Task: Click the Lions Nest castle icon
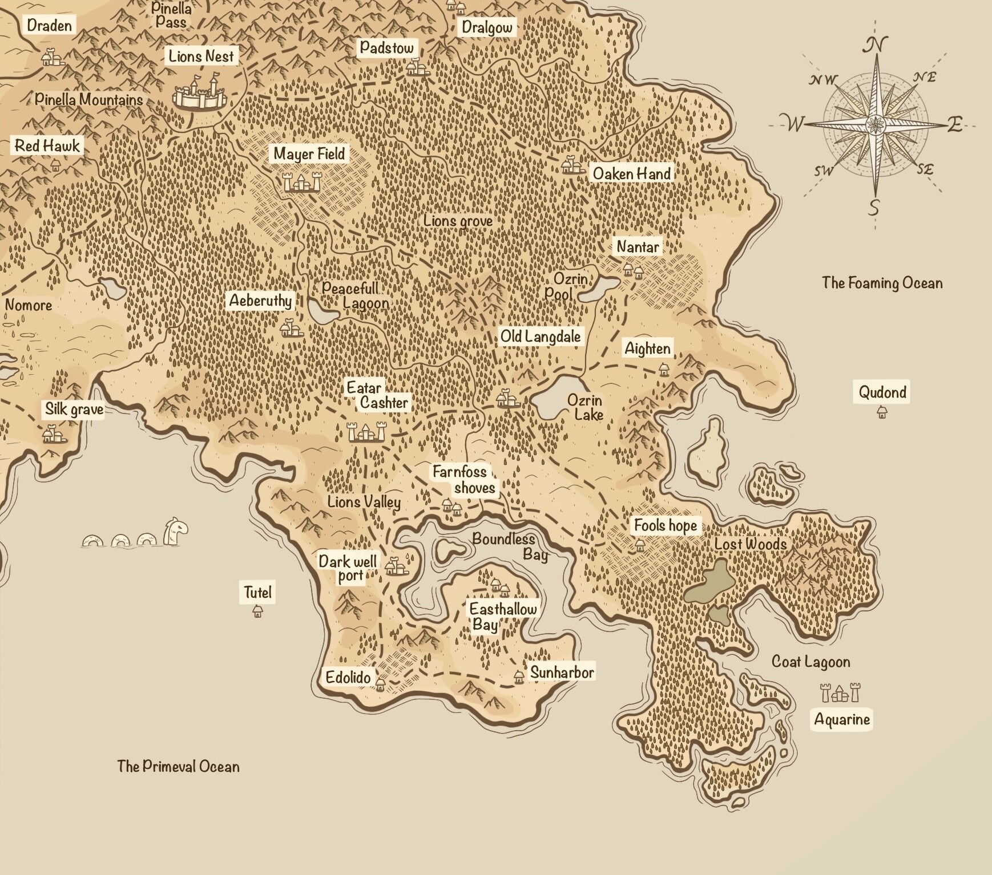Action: tap(200, 93)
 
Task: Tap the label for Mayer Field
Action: tap(309, 153)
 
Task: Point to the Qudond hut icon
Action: tap(882, 411)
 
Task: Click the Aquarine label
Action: tap(842, 719)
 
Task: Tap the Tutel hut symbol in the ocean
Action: tap(257, 611)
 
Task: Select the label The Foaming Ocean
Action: tap(882, 283)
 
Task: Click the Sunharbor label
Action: tap(562, 673)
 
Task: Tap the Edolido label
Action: tap(348, 678)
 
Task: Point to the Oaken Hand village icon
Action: tap(571, 165)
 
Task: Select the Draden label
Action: tap(50, 25)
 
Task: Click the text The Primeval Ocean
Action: tap(178, 766)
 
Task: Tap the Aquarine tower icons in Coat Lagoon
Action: tap(840, 693)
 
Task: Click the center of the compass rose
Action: tap(874, 124)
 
